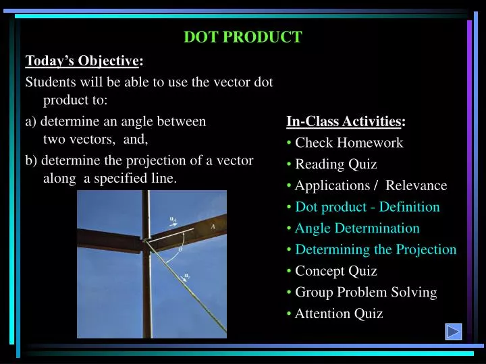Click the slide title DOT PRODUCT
[x=243, y=38]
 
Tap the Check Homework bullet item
[x=348, y=143]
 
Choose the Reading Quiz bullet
[x=335, y=164]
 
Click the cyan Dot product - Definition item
[x=367, y=207]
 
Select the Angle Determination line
[x=357, y=229]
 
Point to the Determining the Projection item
[x=375, y=249]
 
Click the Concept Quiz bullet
[x=335, y=271]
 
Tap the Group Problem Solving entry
[x=366, y=293]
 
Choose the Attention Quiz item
[x=339, y=313]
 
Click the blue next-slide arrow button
[x=453, y=332]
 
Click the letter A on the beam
[x=213, y=227]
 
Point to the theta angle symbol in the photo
[x=180, y=249]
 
